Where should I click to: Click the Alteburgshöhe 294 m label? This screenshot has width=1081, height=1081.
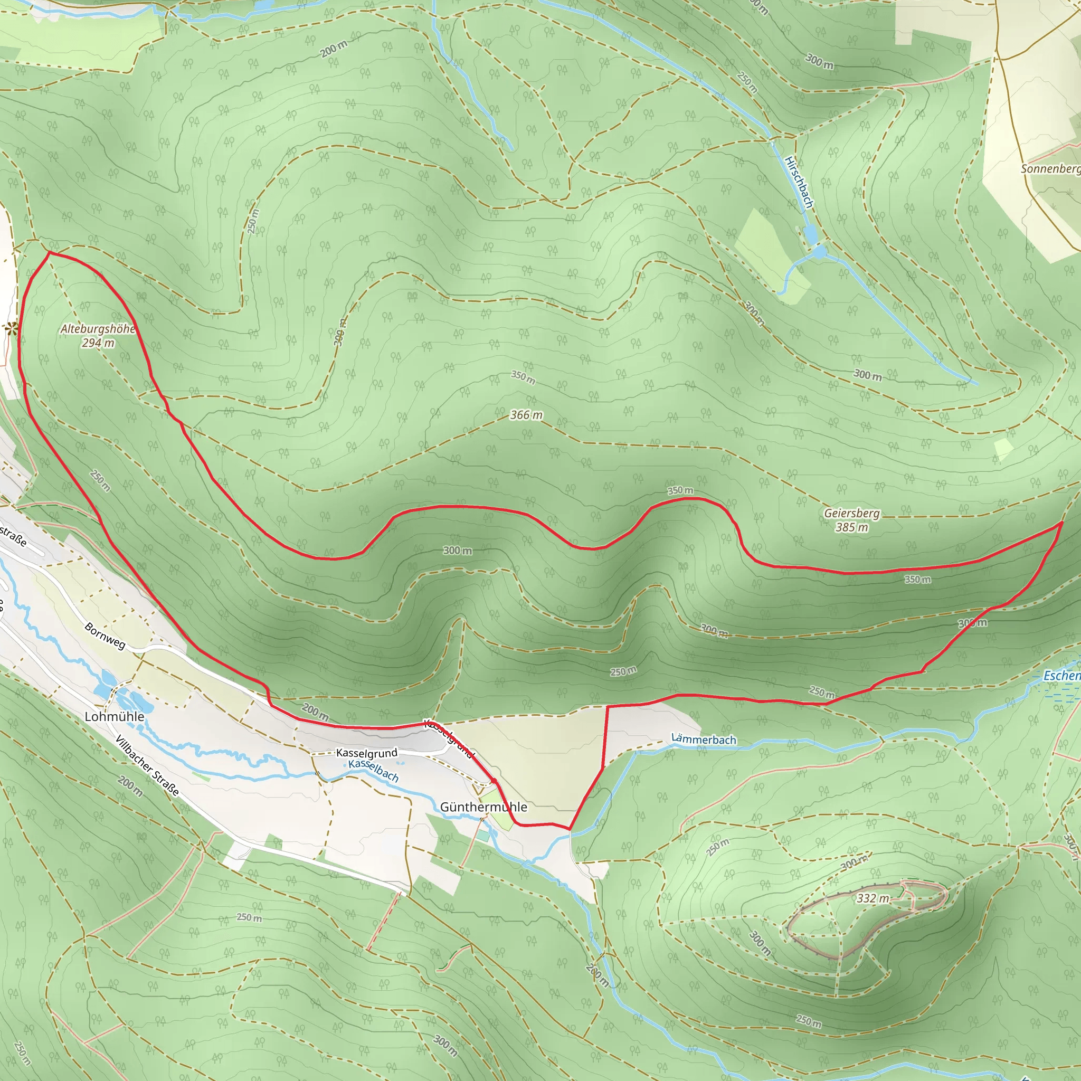98,336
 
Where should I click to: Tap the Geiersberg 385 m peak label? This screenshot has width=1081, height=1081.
851,520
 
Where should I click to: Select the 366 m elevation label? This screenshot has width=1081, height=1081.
526,414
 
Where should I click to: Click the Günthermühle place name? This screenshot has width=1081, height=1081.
483,807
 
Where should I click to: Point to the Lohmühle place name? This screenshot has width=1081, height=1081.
114,717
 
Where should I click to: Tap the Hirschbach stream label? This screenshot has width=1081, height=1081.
799,183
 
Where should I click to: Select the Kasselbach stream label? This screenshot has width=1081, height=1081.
373,771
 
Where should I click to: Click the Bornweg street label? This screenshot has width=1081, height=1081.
105,636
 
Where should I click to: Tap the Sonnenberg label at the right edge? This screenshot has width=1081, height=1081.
1050,168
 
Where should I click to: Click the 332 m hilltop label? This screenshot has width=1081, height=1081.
873,898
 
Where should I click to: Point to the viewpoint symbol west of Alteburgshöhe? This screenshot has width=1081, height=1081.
11,330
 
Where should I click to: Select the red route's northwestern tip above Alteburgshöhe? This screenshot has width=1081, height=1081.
49,252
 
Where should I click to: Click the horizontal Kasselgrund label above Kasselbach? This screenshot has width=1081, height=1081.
366,753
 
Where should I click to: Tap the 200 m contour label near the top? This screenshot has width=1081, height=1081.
334,49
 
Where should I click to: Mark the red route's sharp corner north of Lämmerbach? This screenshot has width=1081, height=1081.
608,707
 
